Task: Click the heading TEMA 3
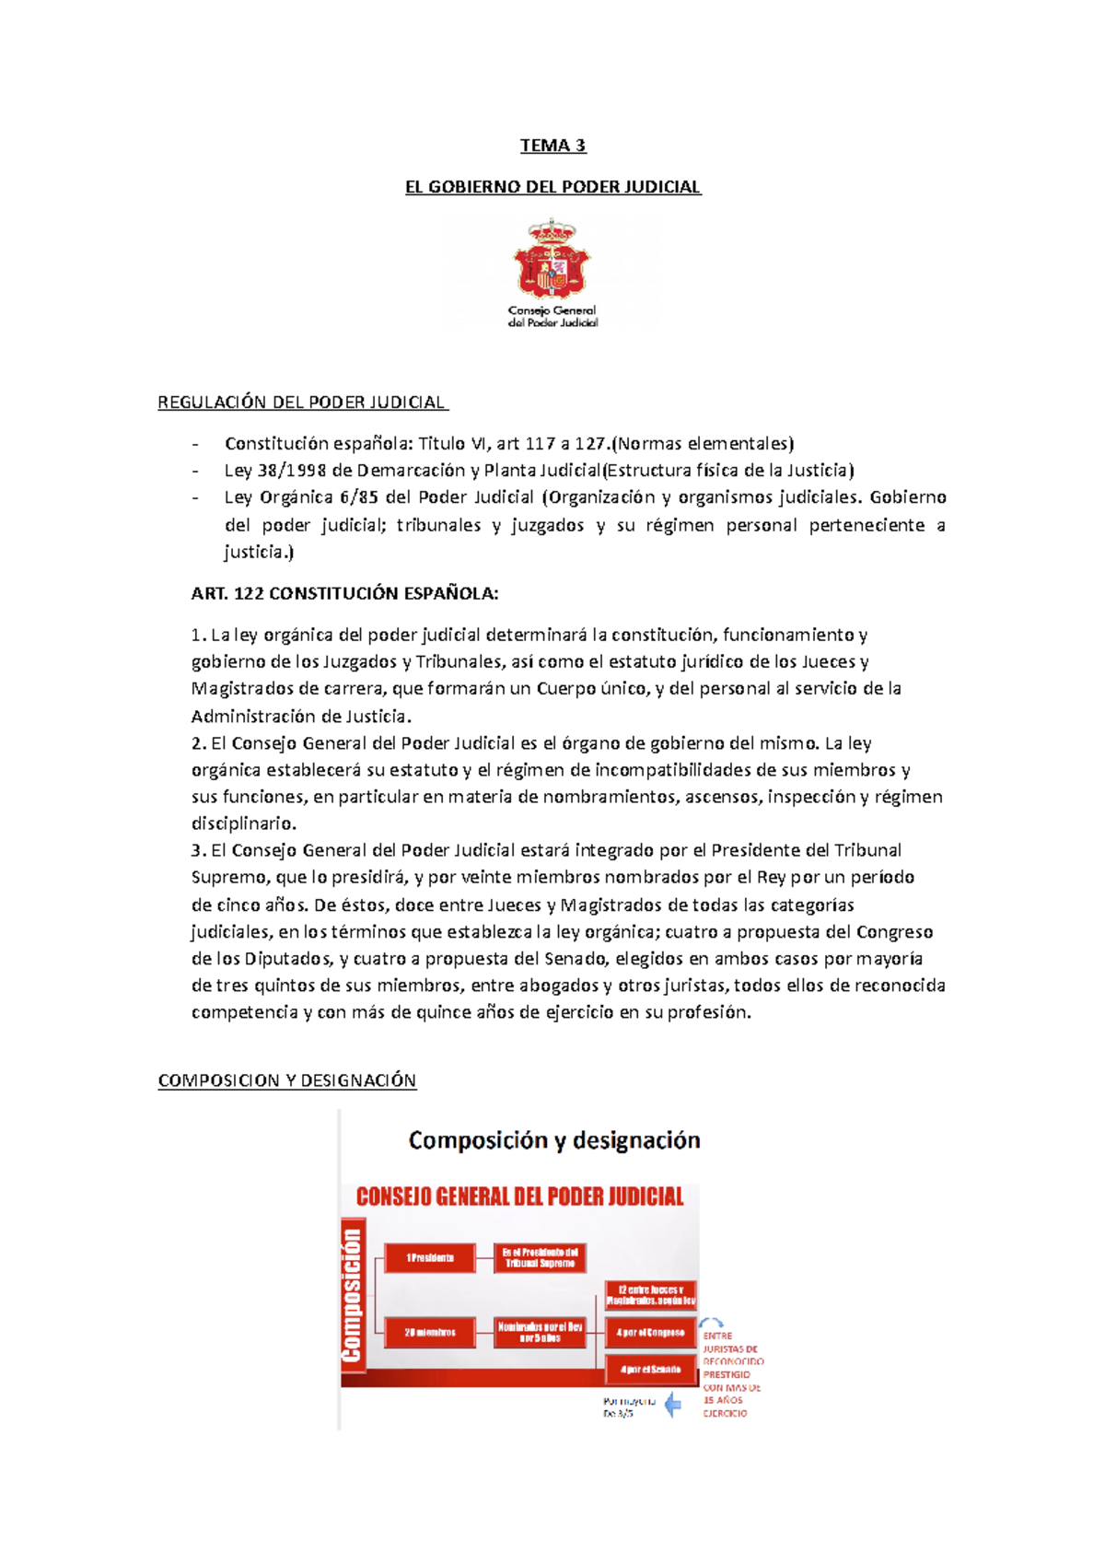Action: pyautogui.click(x=552, y=146)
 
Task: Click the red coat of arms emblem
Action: pyautogui.click(x=552, y=261)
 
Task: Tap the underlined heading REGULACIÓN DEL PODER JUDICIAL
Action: pyautogui.click(x=303, y=403)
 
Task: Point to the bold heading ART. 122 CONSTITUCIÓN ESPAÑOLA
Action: pyautogui.click(x=344, y=594)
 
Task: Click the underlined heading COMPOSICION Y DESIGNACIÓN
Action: pyautogui.click(x=286, y=1080)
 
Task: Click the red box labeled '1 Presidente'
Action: pyautogui.click(x=429, y=1258)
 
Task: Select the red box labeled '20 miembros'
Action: pyautogui.click(x=429, y=1333)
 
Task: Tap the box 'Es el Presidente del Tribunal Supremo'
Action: pyautogui.click(x=540, y=1258)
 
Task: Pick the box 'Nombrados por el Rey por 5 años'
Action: pyautogui.click(x=540, y=1333)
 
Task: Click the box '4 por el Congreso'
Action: pyautogui.click(x=650, y=1333)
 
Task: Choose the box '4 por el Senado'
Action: pyautogui.click(x=650, y=1370)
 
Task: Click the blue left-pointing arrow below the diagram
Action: pyautogui.click(x=673, y=1406)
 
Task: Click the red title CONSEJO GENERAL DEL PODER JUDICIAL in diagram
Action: pyautogui.click(x=519, y=1197)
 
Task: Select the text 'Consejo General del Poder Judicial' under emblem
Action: pyautogui.click(x=552, y=317)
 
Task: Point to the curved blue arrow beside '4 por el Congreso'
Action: pyautogui.click(x=711, y=1323)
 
